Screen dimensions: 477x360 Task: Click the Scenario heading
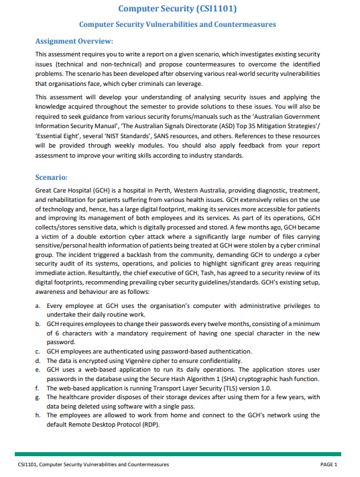tap(51, 178)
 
